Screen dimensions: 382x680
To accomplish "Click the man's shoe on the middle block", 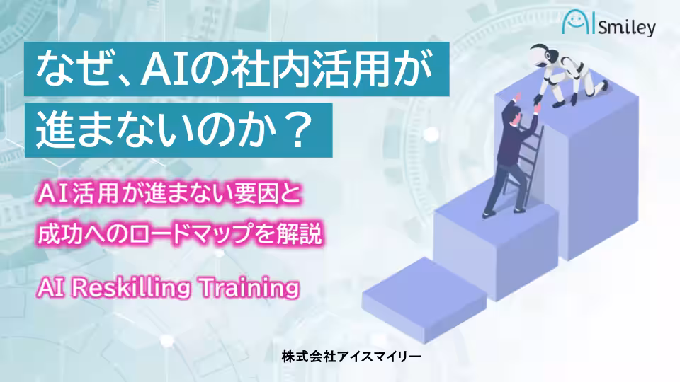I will [489, 213].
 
